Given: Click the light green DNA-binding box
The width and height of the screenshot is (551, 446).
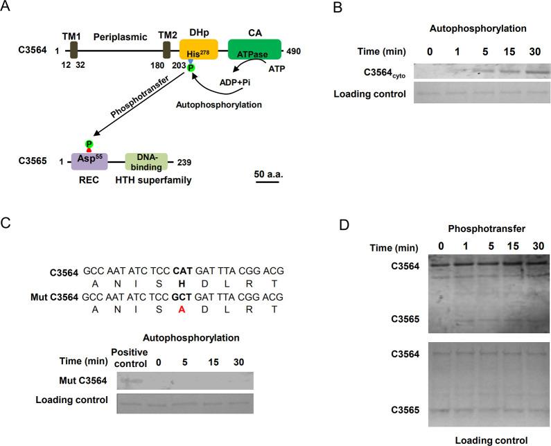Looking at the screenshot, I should click(x=147, y=163).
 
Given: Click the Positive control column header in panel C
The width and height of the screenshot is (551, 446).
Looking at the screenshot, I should click(x=130, y=358).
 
